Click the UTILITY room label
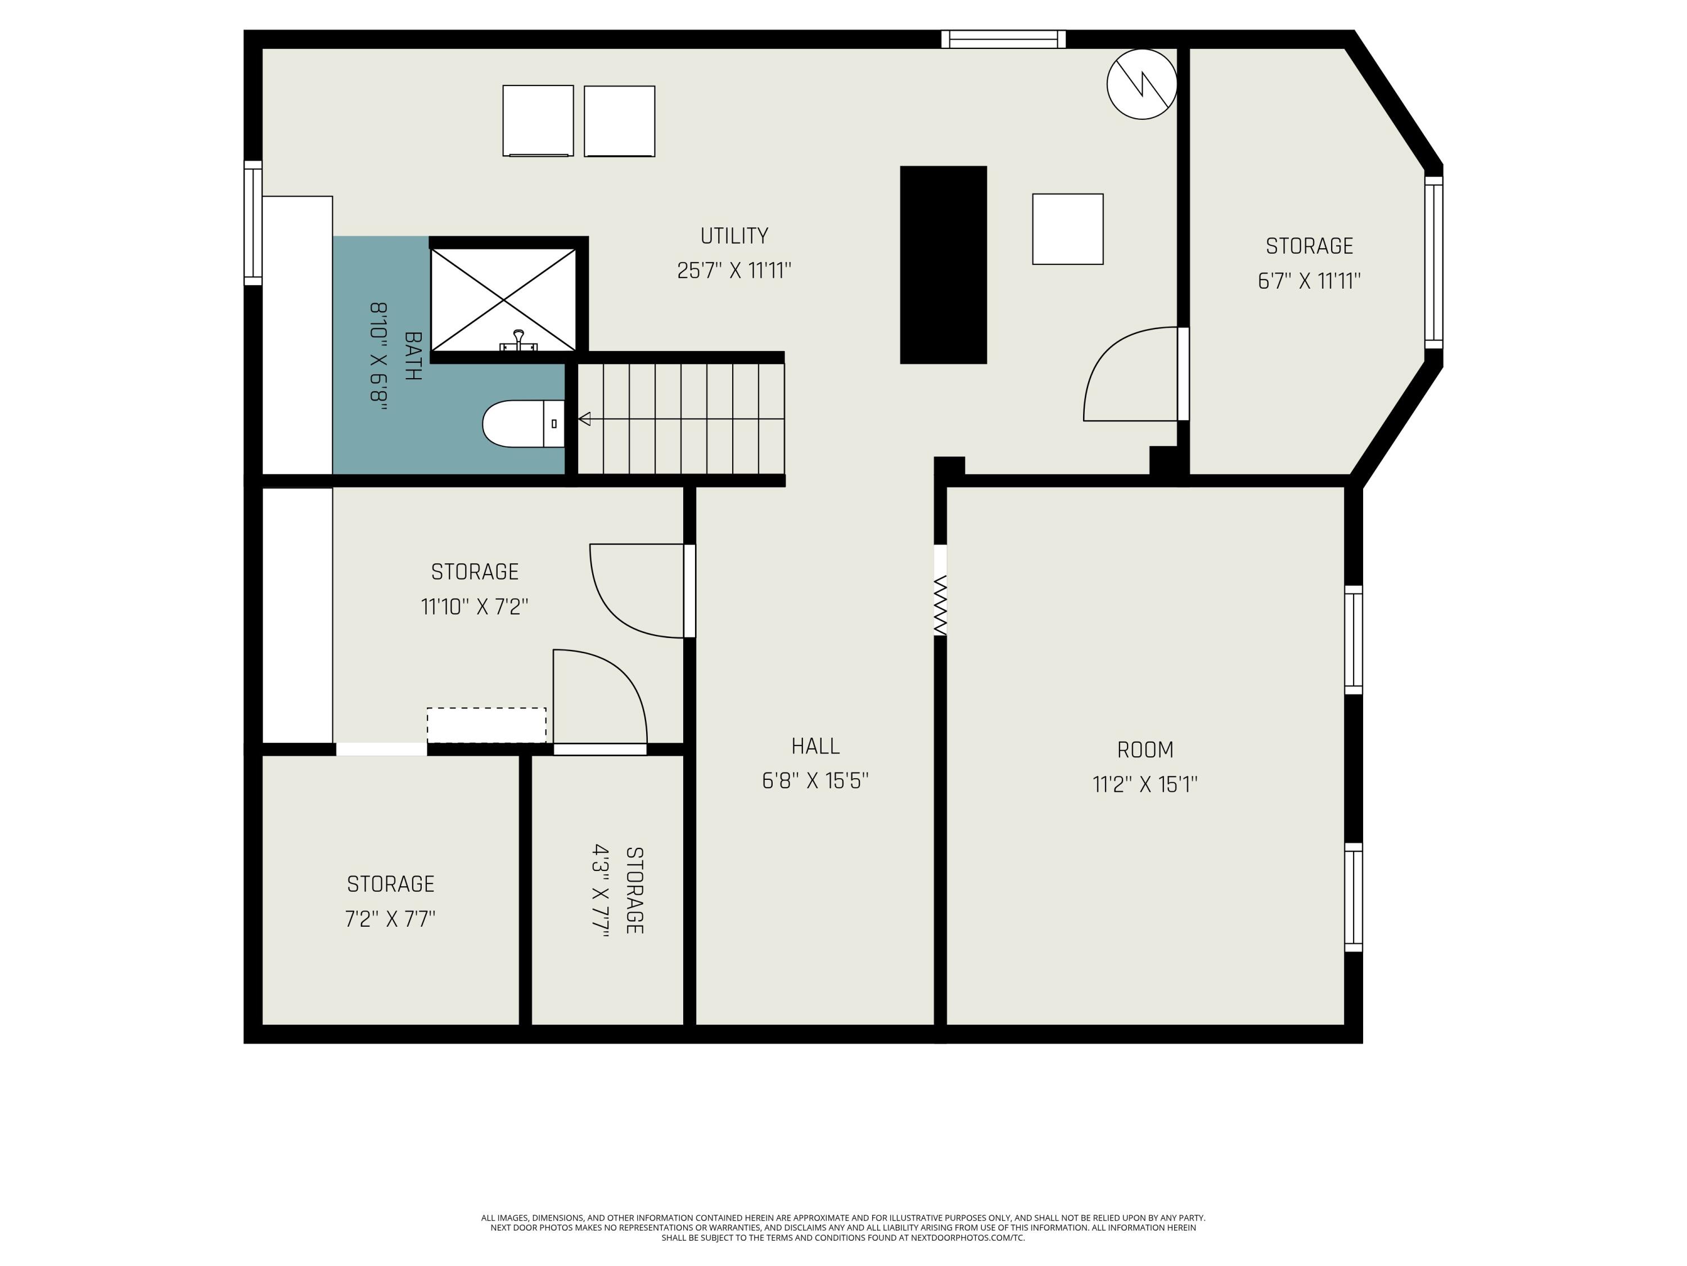(x=734, y=236)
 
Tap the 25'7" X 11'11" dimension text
(x=734, y=271)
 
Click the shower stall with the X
(x=503, y=299)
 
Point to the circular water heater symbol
(x=1141, y=84)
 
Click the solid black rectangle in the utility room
(x=944, y=265)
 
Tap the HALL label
(x=815, y=746)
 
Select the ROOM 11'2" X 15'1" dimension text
(x=1145, y=784)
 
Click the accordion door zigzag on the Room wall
(x=940, y=605)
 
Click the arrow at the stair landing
(x=585, y=419)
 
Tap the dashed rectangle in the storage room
(x=486, y=725)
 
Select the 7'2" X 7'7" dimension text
(x=390, y=919)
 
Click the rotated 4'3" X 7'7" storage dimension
(x=602, y=891)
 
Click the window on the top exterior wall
(x=1003, y=39)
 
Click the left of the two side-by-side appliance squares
(x=538, y=120)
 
